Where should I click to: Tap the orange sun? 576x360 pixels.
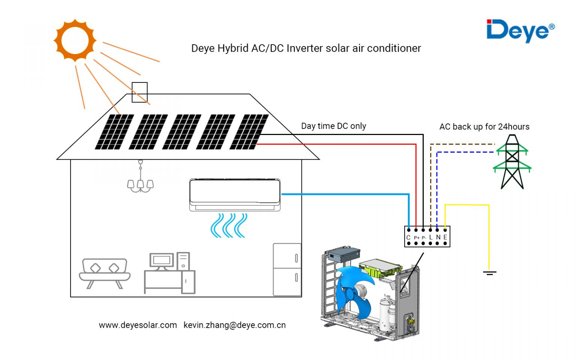point(75,40)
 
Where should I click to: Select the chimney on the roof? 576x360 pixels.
point(139,92)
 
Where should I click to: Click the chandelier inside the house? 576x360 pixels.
point(140,180)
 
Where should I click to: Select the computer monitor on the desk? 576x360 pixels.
point(162,260)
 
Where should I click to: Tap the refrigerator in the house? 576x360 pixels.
point(287,270)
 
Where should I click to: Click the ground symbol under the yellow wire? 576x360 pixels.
point(489,273)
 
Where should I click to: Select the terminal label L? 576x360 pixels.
point(431,237)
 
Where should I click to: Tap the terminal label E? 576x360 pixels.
point(445,237)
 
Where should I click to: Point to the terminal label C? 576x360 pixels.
point(408,237)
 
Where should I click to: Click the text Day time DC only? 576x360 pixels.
point(333,126)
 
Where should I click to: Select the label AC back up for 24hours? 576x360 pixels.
point(484,127)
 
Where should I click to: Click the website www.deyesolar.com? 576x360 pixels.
point(138,325)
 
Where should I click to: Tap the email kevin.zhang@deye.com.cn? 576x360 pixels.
point(234,325)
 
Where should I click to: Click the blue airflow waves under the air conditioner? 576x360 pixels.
point(229,225)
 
